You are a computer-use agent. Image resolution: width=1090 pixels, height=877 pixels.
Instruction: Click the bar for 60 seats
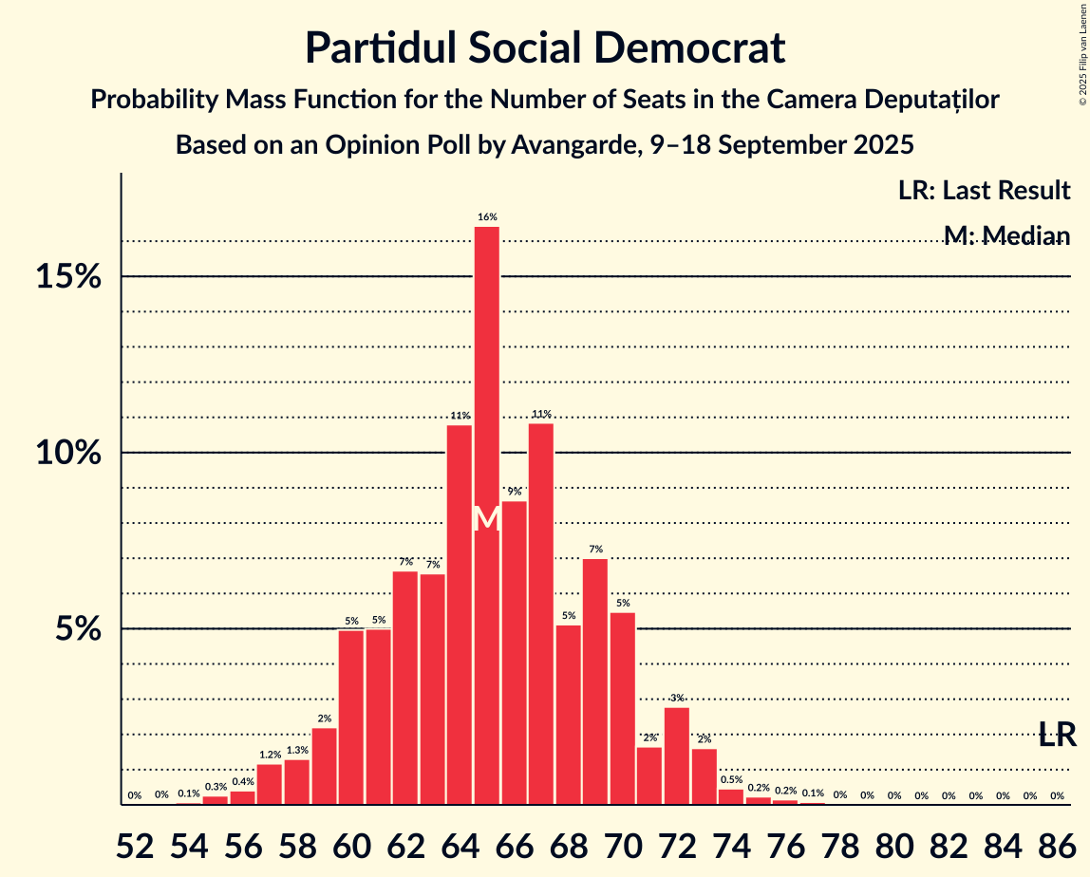pyautogui.click(x=351, y=718)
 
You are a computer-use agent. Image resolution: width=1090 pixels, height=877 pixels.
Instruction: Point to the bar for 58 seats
pyautogui.click(x=297, y=782)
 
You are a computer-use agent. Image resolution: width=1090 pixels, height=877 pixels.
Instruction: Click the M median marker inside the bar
pyautogui.click(x=487, y=518)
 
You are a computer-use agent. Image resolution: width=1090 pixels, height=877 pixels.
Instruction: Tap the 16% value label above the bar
pyautogui.click(x=487, y=217)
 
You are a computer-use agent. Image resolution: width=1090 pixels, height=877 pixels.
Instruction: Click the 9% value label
pyautogui.click(x=514, y=492)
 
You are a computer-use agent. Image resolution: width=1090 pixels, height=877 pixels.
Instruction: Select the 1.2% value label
pyautogui.click(x=270, y=755)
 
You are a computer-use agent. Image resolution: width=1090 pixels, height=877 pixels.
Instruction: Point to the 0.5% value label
pyautogui.click(x=731, y=780)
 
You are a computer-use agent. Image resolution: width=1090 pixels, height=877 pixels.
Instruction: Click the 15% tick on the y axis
pyautogui.click(x=68, y=277)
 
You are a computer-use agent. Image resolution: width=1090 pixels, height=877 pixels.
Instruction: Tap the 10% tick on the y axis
pyautogui.click(x=68, y=453)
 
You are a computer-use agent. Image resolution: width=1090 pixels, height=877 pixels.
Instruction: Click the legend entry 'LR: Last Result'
pyautogui.click(x=984, y=191)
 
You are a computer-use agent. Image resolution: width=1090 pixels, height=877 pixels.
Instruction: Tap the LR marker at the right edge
pyautogui.click(x=1057, y=734)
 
